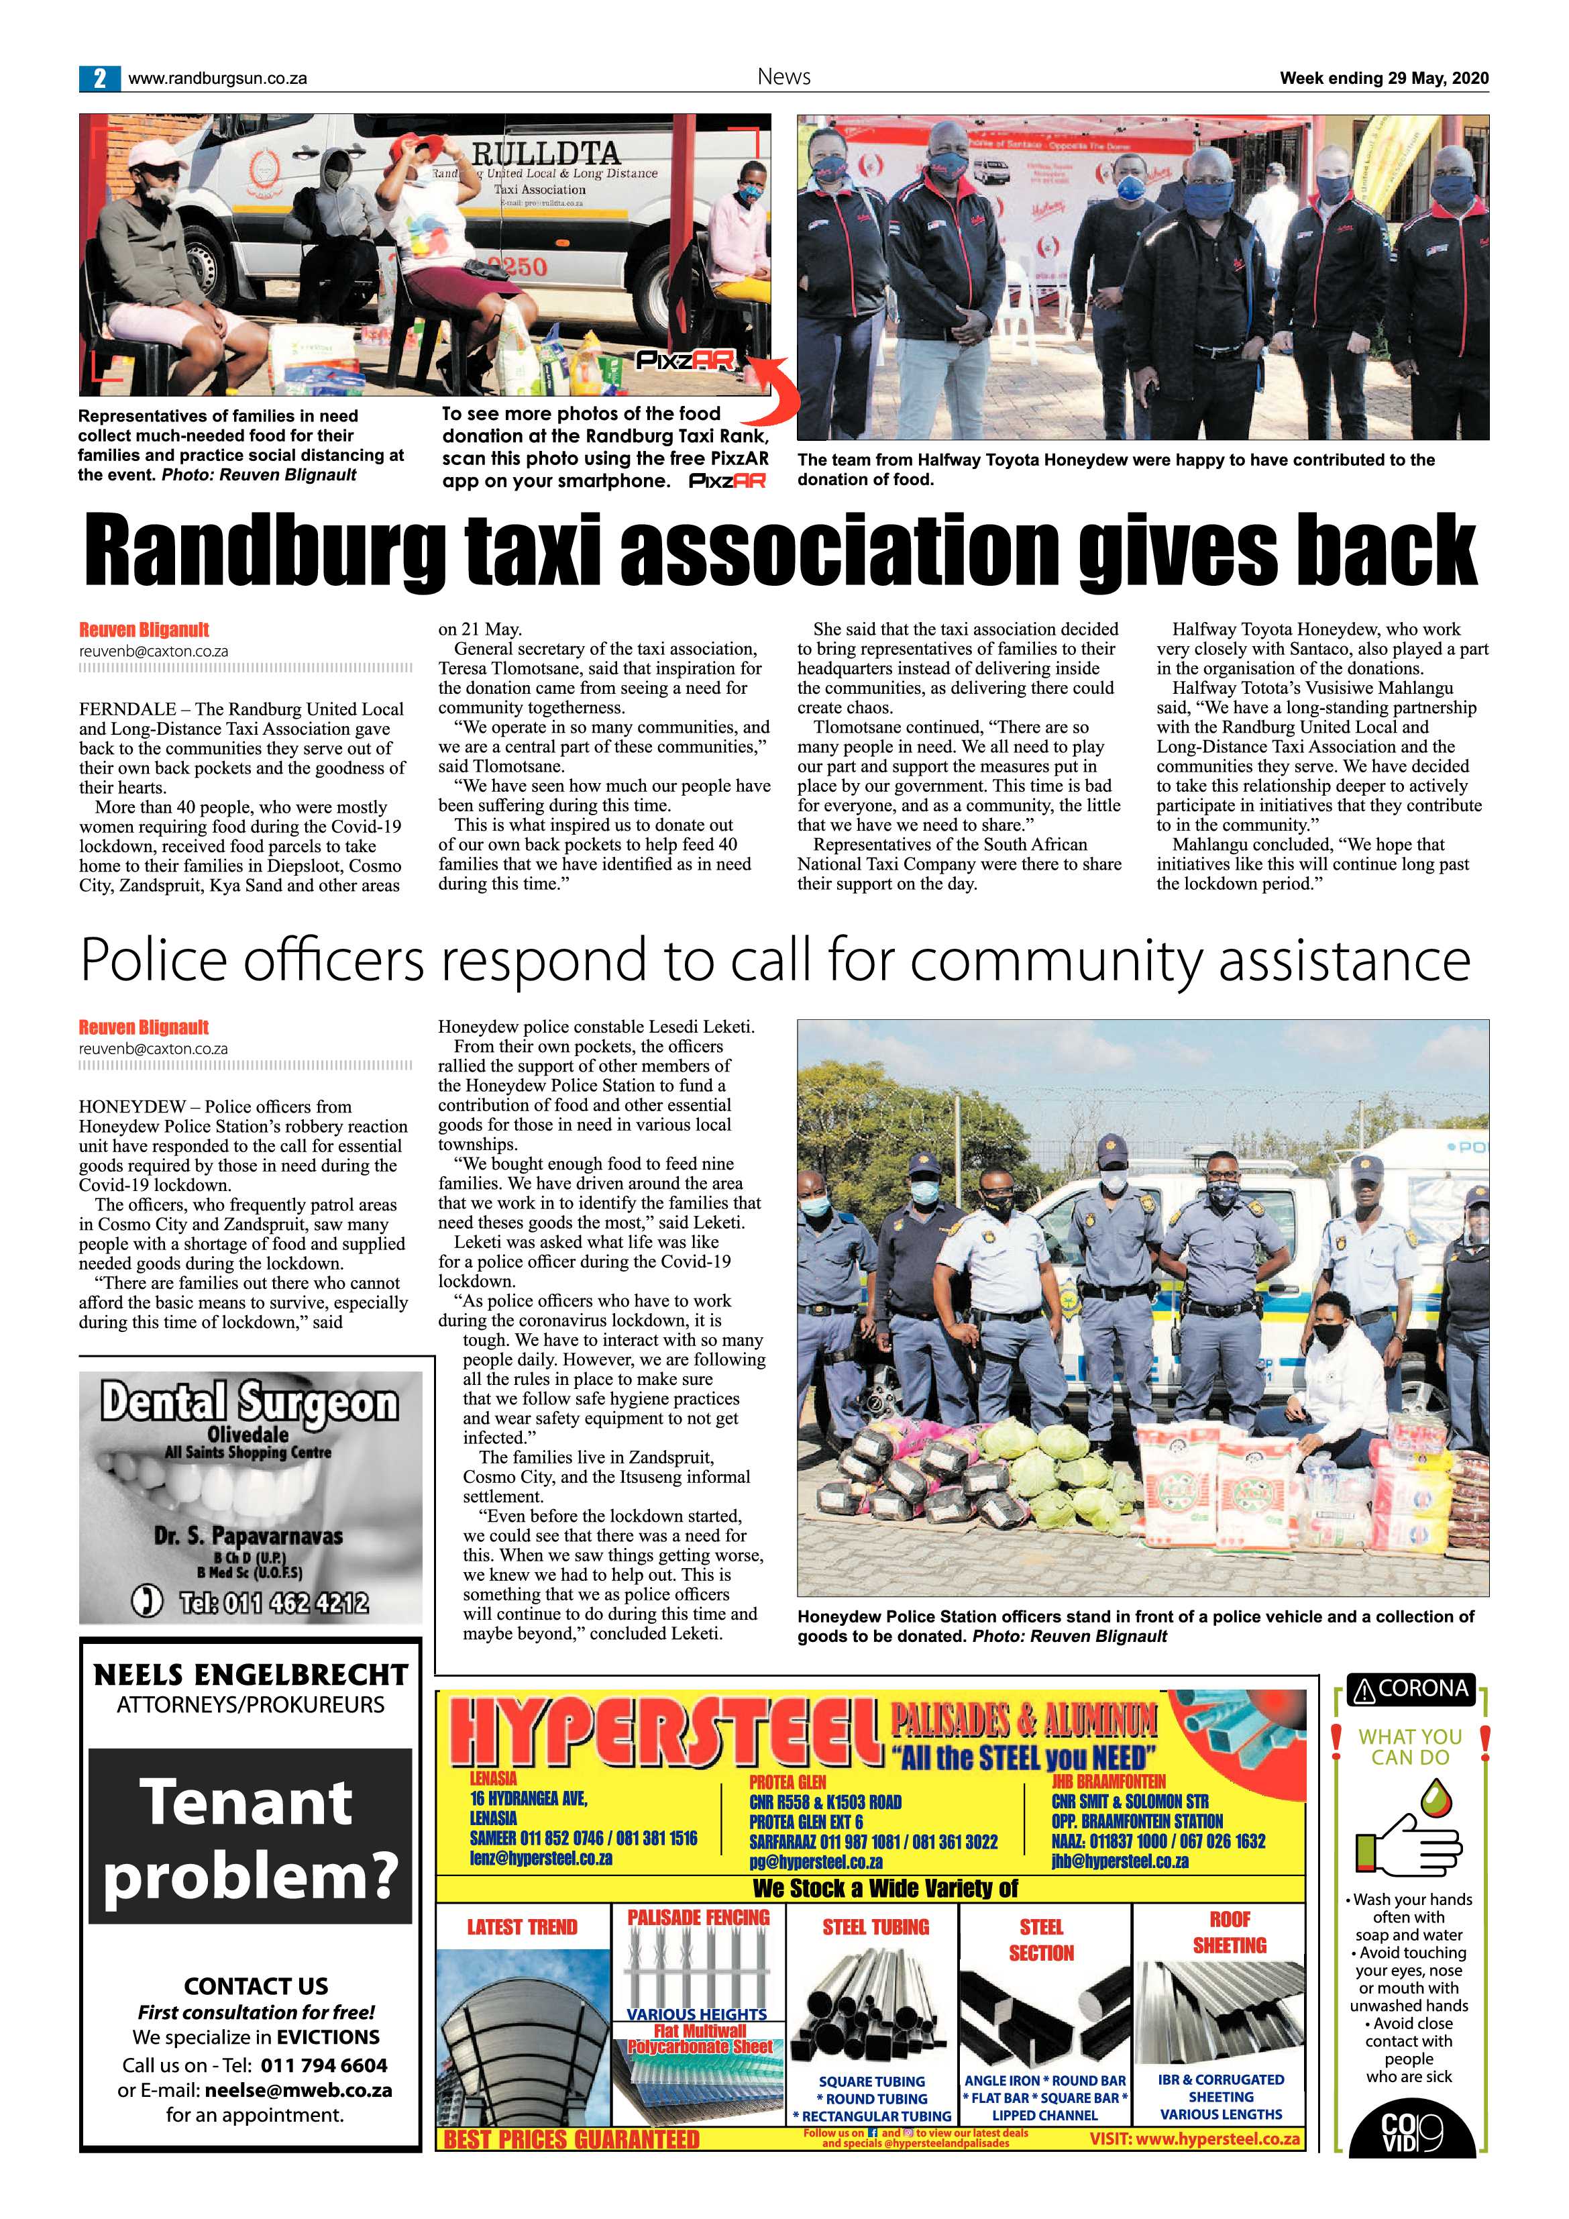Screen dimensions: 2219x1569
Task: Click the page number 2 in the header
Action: (99, 79)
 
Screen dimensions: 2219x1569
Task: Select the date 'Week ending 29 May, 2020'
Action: (1383, 79)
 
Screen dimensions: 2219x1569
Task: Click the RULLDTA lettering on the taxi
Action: (546, 153)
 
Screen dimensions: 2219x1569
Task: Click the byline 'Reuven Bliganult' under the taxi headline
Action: (144, 629)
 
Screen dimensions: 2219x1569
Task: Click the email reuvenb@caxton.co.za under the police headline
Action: (154, 1049)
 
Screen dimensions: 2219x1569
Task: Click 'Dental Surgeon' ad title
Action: (250, 1402)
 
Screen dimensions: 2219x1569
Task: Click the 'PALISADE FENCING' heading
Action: (698, 1916)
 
